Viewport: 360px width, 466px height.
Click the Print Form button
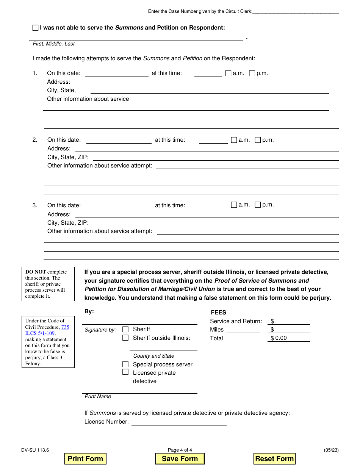(85, 458)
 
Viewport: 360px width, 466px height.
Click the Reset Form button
(274, 458)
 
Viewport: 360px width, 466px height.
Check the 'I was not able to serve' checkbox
(36, 28)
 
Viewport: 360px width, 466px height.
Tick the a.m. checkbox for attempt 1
(228, 73)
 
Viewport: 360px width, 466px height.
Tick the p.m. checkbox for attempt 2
(258, 140)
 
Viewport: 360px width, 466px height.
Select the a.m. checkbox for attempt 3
(234, 205)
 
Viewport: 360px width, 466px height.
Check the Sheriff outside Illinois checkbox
(125, 338)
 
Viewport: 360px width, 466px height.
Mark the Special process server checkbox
(125, 364)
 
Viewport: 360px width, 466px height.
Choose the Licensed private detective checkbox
(125, 372)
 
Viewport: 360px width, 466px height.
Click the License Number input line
(179, 422)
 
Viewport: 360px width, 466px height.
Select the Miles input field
(243, 330)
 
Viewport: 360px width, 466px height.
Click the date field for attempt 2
(119, 140)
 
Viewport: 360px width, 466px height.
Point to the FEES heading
(219, 313)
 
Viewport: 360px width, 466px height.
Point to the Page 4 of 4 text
(180, 450)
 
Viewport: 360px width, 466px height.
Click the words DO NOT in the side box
(36, 272)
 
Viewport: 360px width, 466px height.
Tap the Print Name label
(98, 396)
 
